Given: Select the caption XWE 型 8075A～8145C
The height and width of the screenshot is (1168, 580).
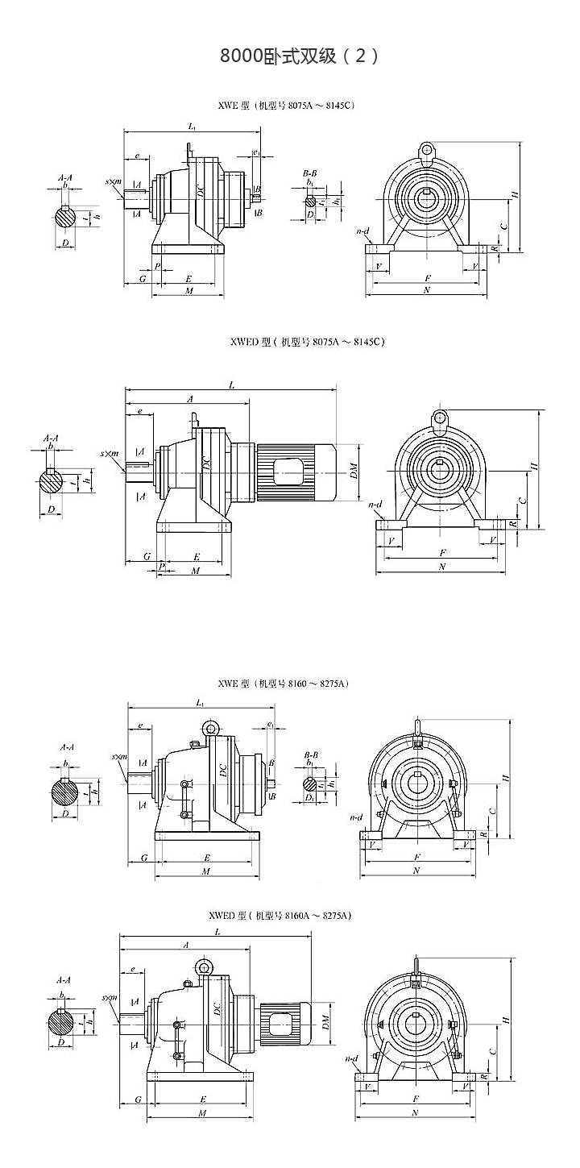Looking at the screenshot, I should pos(286,105).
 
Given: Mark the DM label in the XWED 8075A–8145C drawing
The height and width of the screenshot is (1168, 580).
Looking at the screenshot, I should pos(354,472).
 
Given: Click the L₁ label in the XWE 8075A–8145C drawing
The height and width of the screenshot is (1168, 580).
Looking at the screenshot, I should pos(192,126).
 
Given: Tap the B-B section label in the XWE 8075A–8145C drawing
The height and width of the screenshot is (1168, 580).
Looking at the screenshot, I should pos(309,173).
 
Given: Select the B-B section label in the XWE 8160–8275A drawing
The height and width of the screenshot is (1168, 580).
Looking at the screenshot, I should pos(310,756).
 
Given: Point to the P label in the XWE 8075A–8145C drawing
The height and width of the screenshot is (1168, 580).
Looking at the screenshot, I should pos(157,265).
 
